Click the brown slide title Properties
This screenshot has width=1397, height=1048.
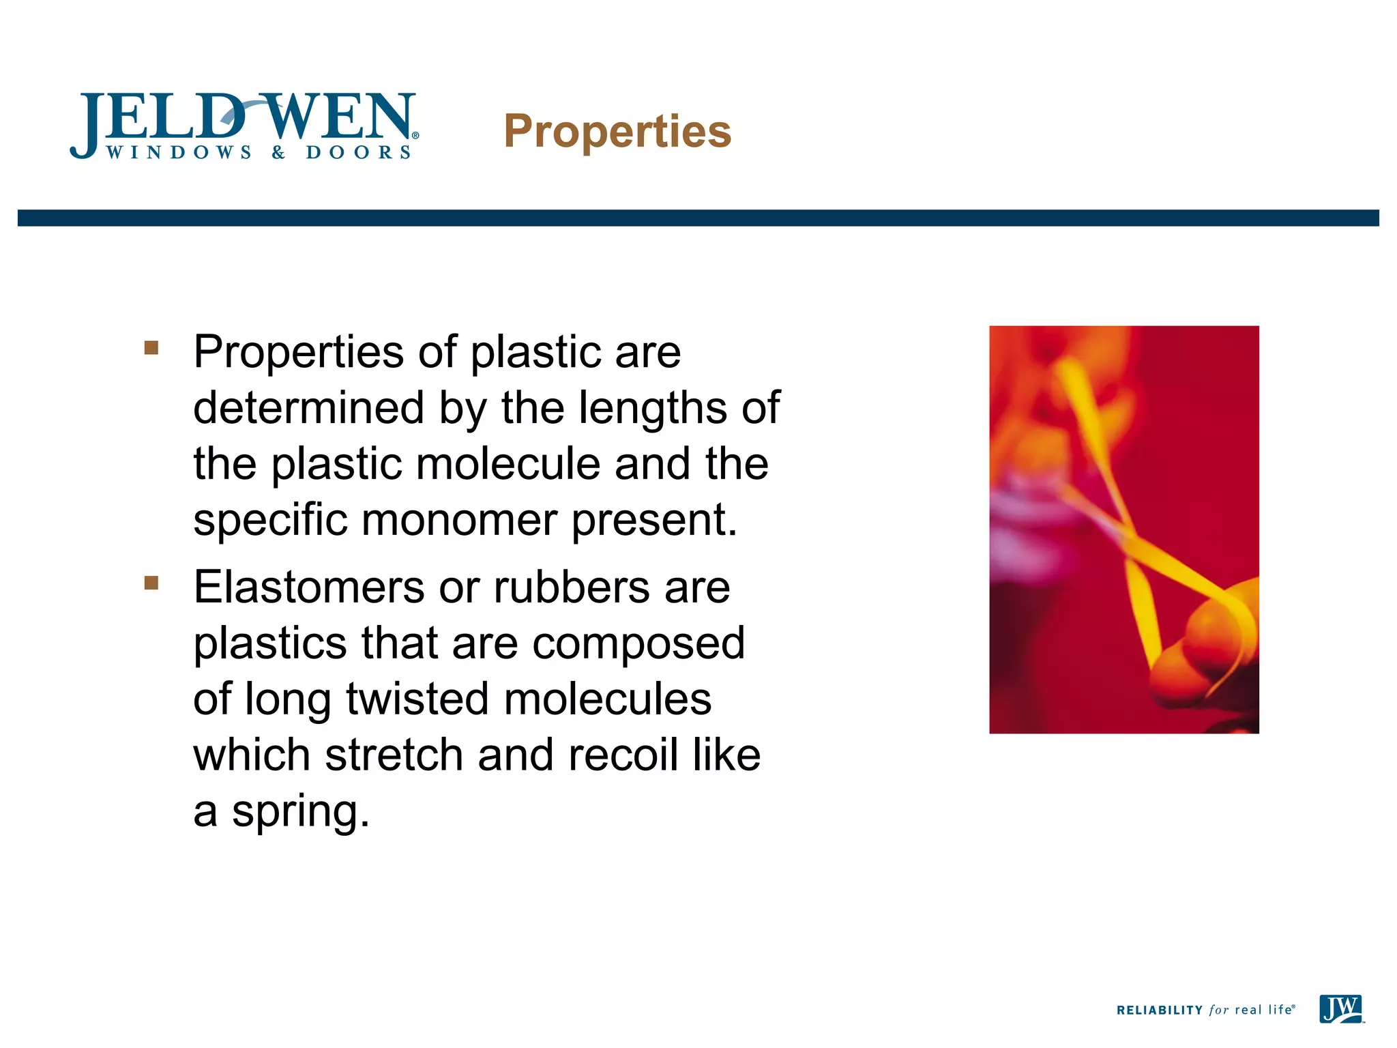click(x=617, y=131)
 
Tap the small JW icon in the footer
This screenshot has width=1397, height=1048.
click(x=1341, y=1009)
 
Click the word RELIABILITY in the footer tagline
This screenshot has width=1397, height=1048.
click(x=1159, y=1010)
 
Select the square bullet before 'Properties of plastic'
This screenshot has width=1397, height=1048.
click(x=151, y=349)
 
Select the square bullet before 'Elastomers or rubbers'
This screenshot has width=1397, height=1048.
click(x=151, y=583)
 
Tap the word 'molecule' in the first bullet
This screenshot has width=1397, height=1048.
click(x=508, y=464)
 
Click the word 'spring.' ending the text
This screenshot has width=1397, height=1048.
click(x=301, y=812)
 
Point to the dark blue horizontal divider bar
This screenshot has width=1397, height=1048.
click(x=698, y=218)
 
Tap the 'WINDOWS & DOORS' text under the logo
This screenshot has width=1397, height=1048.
click(x=259, y=152)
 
